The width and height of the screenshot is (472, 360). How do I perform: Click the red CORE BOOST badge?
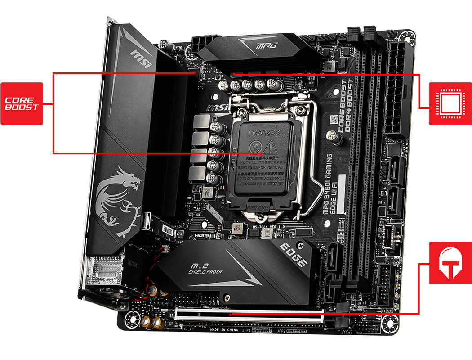click(22, 103)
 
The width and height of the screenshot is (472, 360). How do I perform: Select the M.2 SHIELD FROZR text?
click(205, 267)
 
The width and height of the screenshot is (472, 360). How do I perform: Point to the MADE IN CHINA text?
click(224, 330)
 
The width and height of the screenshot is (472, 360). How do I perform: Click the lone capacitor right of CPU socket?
click(332, 135)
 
